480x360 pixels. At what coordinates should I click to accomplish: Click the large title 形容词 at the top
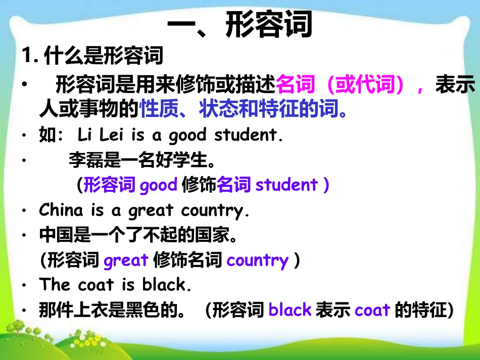(x=269, y=24)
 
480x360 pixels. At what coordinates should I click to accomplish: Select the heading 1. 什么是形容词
(x=92, y=56)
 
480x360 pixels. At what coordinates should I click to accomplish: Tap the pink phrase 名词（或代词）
(x=340, y=84)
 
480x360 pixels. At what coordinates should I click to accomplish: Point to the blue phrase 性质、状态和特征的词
(x=244, y=108)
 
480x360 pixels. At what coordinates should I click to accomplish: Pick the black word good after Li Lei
(x=188, y=135)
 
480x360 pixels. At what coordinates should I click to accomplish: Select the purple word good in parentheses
(x=158, y=185)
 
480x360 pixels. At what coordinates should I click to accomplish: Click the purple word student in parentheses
(x=286, y=185)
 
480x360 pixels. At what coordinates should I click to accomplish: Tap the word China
(x=61, y=210)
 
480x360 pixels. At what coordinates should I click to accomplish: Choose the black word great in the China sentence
(x=151, y=211)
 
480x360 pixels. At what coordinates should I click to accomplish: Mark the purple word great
(x=126, y=261)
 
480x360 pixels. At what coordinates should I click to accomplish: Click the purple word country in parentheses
(x=258, y=261)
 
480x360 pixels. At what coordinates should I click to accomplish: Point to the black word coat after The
(x=96, y=285)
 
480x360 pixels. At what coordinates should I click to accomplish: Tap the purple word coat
(x=372, y=310)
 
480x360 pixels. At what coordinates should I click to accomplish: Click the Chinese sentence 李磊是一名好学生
(x=142, y=160)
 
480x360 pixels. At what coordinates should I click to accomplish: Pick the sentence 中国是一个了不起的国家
(x=138, y=235)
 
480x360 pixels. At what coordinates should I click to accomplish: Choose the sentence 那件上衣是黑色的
(x=112, y=310)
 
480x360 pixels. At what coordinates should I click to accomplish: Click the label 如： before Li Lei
(x=51, y=135)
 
